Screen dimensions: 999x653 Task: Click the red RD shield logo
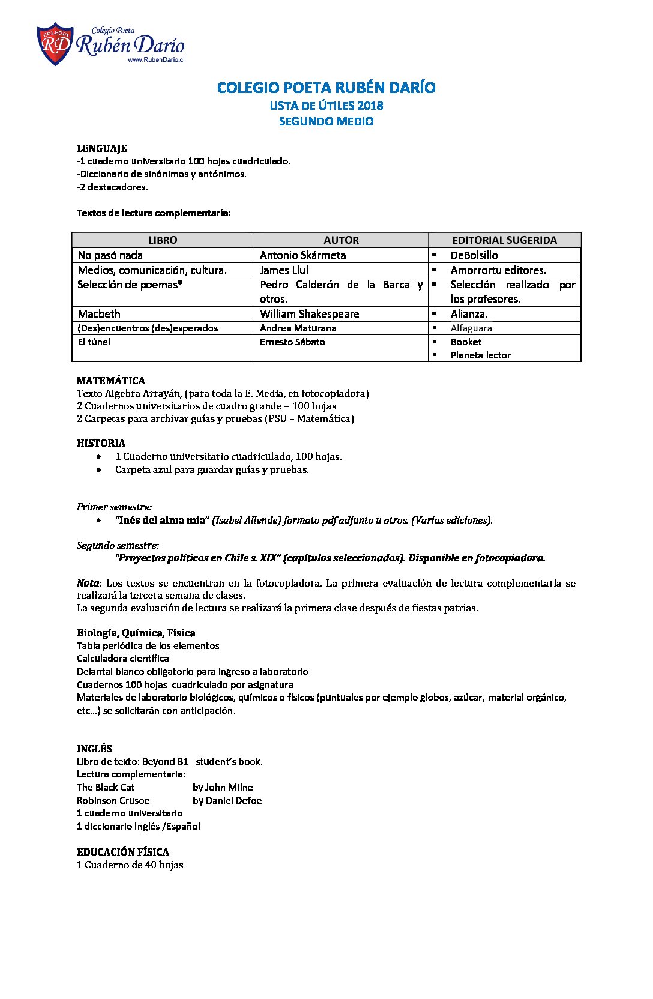[55, 44]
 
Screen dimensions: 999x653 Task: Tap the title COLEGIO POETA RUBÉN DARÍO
[326, 88]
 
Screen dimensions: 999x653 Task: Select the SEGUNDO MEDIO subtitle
[326, 121]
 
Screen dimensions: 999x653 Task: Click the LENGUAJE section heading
[101, 148]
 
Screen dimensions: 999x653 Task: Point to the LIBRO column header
[163, 240]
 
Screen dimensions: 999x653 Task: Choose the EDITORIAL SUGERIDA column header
[504, 240]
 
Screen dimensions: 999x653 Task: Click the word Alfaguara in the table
[471, 328]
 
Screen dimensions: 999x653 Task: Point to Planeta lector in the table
[480, 355]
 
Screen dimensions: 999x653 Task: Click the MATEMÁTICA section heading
[111, 380]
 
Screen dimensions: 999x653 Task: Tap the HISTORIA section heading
[101, 443]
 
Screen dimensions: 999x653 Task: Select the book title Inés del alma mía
[161, 520]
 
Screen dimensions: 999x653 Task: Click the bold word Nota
[88, 582]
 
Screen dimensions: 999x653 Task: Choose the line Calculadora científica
[122, 658]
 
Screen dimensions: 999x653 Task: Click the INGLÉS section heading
[94, 748]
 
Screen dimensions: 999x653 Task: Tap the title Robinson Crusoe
[113, 800]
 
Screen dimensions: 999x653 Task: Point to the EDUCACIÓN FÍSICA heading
[122, 851]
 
